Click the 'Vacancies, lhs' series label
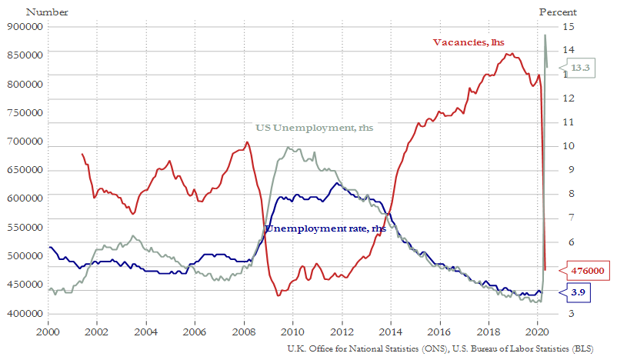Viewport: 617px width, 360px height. [466, 42]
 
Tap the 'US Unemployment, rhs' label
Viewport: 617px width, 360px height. [315, 128]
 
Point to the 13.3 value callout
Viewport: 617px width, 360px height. [580, 68]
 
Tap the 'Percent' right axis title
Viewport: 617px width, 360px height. [556, 12]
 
